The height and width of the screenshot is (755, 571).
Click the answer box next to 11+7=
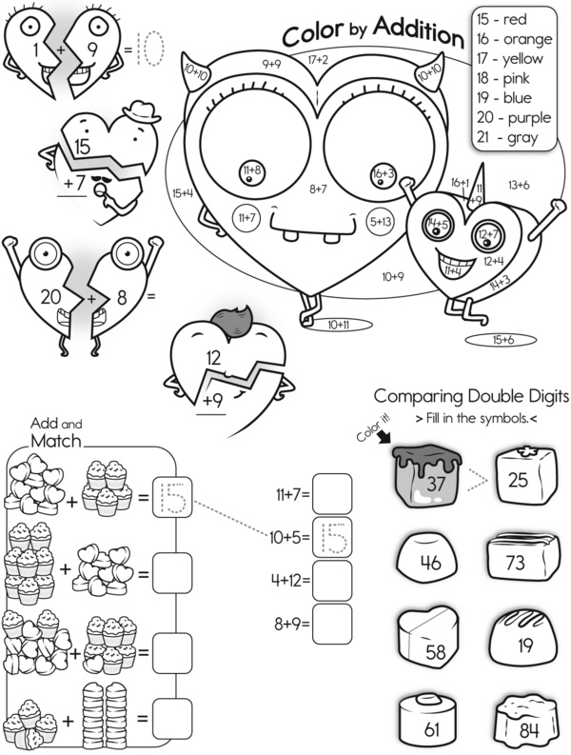point(332,494)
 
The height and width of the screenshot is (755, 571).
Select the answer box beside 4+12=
point(332,581)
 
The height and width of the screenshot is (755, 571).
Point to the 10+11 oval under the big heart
point(340,325)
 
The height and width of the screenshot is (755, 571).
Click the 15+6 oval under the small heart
point(503,340)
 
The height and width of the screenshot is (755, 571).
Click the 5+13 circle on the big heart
point(381,221)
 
